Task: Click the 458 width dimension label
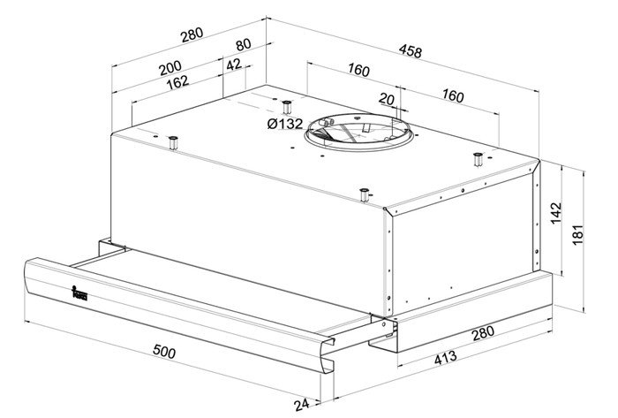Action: pos(411,51)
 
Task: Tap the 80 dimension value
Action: pos(243,44)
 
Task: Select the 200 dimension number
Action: pos(170,68)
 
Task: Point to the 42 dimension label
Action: pos(234,65)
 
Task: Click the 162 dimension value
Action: pos(177,82)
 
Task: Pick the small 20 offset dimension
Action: pos(387,99)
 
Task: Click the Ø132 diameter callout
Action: pos(285,124)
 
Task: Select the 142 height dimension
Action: pos(555,213)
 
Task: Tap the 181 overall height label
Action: pos(577,235)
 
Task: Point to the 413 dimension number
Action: pos(446,358)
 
